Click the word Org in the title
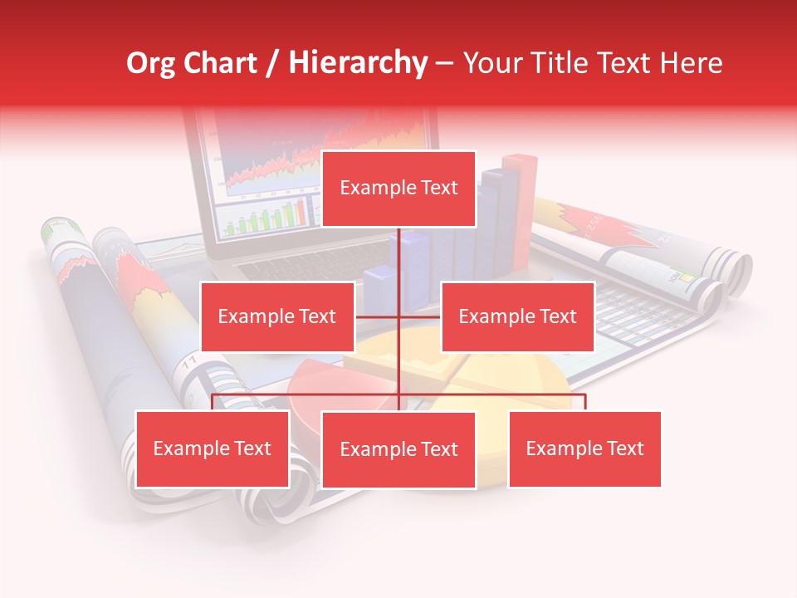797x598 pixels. pyautogui.click(x=152, y=63)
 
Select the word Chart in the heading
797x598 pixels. pyautogui.click(x=221, y=63)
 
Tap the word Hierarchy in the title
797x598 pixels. pyautogui.click(x=358, y=63)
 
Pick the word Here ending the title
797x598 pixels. pyautogui.click(x=691, y=63)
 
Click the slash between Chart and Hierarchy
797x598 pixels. pyautogui.click(x=273, y=63)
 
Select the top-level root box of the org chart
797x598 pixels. pyautogui.click(x=398, y=189)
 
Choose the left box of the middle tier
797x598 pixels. pyautogui.click(x=277, y=316)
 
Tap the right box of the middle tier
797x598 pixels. pyautogui.click(x=517, y=316)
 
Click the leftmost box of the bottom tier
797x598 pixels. pyautogui.click(x=212, y=448)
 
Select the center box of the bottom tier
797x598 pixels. pyautogui.click(x=398, y=449)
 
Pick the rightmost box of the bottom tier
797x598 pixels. pyautogui.click(x=584, y=448)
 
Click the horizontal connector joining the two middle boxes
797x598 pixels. pyautogui.click(x=398, y=316)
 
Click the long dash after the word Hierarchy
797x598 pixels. pyautogui.click(x=444, y=63)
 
